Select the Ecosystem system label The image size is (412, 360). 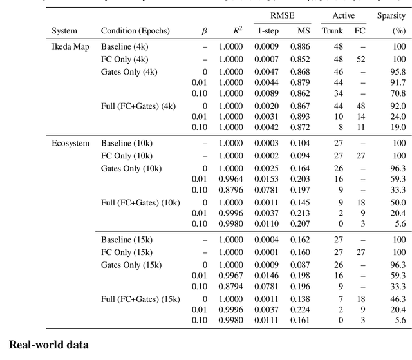point(70,143)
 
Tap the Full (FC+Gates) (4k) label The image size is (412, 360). point(138,106)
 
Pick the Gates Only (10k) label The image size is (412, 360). point(131,168)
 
